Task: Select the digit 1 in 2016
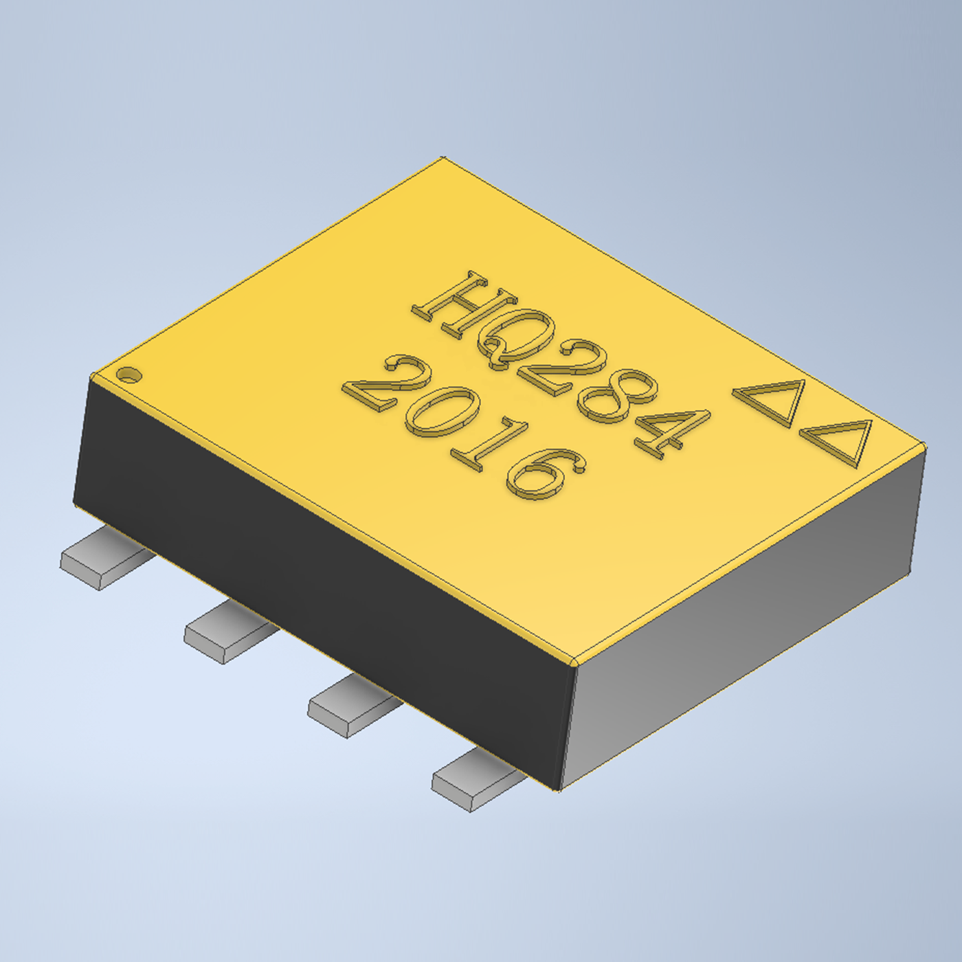489,445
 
